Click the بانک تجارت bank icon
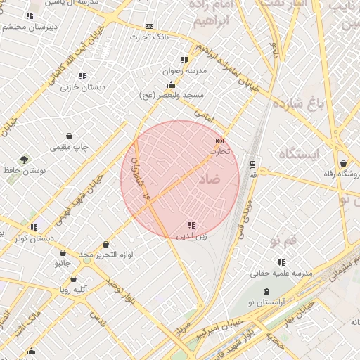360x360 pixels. (148, 26)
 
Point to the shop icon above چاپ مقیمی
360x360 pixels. (69, 136)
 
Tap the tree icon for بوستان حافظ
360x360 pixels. (25, 160)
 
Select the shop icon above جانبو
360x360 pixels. (63, 252)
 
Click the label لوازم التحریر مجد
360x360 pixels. (107, 254)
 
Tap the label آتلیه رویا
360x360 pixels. (73, 289)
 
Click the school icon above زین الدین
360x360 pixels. (191, 225)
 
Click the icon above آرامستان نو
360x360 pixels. (266, 290)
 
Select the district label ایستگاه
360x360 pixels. (299, 153)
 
